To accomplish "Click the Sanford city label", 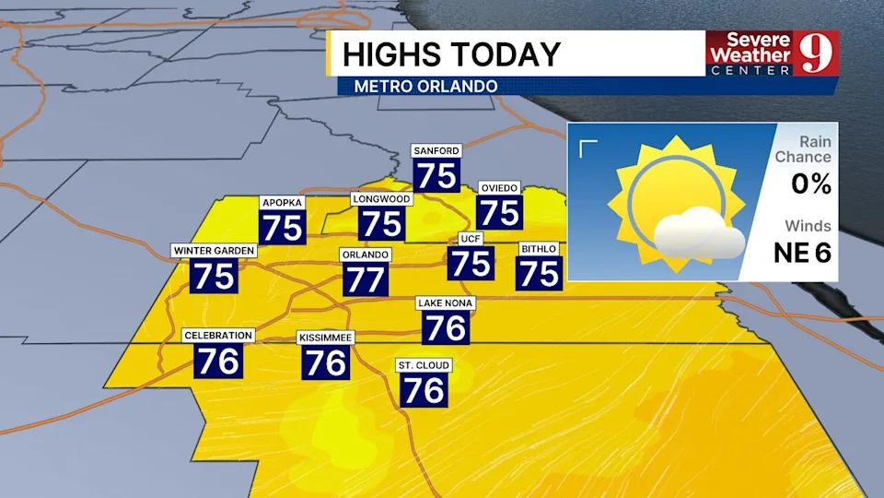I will pyautogui.click(x=436, y=150).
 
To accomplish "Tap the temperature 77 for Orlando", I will pyautogui.click(x=366, y=279).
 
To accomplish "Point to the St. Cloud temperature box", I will pyautogui.click(x=424, y=389).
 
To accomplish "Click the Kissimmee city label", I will pyautogui.click(x=325, y=338).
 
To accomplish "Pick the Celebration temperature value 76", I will pyautogui.click(x=218, y=360).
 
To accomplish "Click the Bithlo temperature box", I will pyautogui.click(x=539, y=272).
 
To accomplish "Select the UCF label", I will pyautogui.click(x=471, y=239).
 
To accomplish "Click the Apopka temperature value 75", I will pyautogui.click(x=282, y=227).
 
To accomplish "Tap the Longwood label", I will pyautogui.click(x=381, y=198).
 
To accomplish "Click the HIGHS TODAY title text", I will pyautogui.click(x=451, y=54).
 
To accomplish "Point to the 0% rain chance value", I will pyautogui.click(x=811, y=184).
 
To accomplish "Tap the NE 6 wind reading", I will pyautogui.click(x=802, y=253).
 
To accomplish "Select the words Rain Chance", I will pyautogui.click(x=803, y=149).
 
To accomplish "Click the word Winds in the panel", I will pyautogui.click(x=808, y=226).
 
